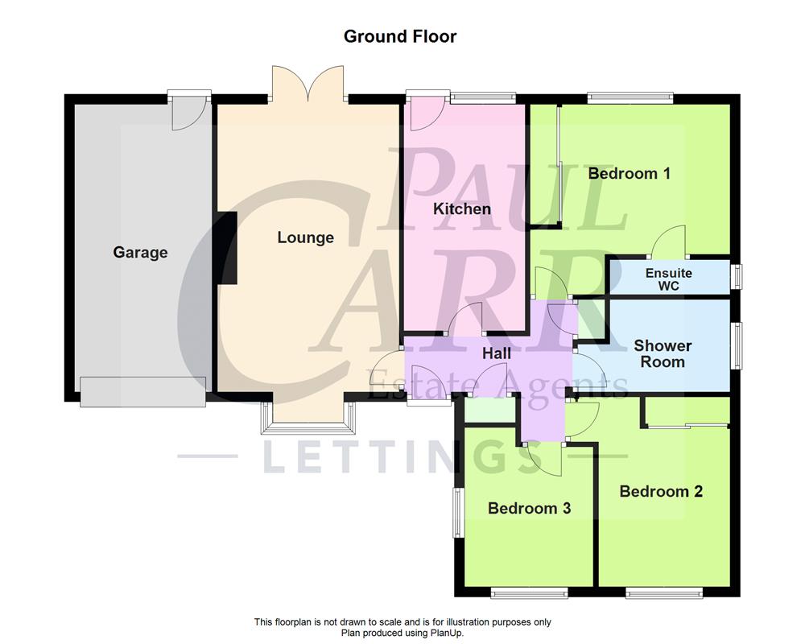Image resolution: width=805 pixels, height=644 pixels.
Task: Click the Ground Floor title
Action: click(400, 36)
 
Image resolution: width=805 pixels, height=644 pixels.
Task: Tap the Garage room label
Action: click(140, 252)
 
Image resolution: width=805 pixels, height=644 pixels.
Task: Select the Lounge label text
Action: click(305, 237)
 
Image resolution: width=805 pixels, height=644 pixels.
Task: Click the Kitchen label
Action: click(461, 209)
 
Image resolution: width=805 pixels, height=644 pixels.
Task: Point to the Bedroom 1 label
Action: click(629, 173)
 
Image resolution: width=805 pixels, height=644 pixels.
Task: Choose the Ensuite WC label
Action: click(668, 279)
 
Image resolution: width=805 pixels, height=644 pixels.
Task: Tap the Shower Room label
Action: click(663, 353)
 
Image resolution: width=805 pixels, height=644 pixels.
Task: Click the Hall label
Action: click(497, 353)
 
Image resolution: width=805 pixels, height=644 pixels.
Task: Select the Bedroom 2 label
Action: click(661, 491)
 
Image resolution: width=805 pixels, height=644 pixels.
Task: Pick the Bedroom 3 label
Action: click(529, 508)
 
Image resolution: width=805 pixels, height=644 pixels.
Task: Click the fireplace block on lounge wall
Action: click(226, 247)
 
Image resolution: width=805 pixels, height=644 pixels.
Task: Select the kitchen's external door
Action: click(421, 113)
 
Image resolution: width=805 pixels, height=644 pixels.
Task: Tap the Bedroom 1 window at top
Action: click(630, 98)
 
